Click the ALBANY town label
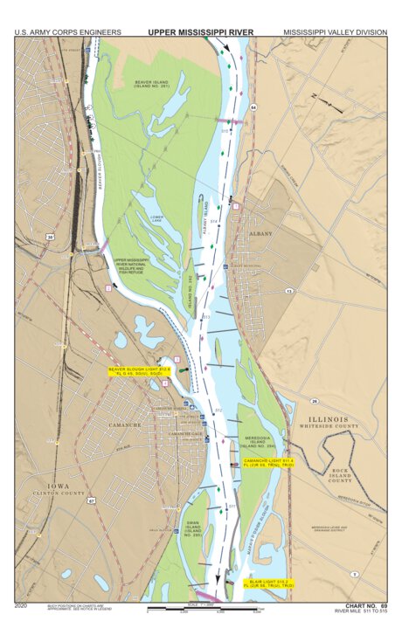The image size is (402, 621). [x=262, y=234]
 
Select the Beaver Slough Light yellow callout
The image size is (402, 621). [x=133, y=372]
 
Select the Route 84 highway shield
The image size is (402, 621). [x=253, y=107]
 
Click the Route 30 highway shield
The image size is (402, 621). [x=51, y=237]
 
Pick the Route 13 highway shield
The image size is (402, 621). [x=287, y=291]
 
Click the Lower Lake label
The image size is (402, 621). [x=156, y=218]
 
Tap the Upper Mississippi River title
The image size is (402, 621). [x=200, y=32]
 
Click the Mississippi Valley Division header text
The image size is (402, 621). [x=334, y=32]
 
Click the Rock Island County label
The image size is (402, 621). [x=340, y=474]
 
